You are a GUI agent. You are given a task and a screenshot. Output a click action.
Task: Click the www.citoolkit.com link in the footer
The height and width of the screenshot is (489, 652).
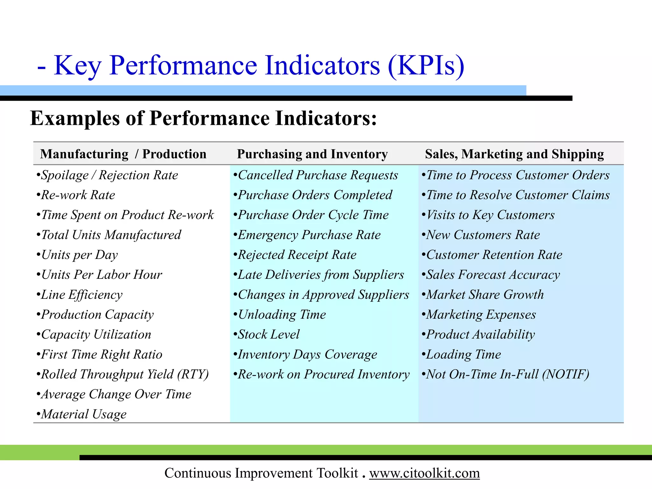click(424, 473)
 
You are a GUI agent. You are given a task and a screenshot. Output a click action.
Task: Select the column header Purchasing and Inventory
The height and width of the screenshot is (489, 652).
click(312, 154)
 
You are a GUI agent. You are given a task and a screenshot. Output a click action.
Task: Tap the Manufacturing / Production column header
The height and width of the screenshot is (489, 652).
click(123, 154)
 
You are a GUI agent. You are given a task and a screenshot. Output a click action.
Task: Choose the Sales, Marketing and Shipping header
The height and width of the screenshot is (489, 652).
click(514, 154)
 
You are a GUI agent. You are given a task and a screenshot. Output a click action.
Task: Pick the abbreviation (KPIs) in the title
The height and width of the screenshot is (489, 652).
click(426, 66)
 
